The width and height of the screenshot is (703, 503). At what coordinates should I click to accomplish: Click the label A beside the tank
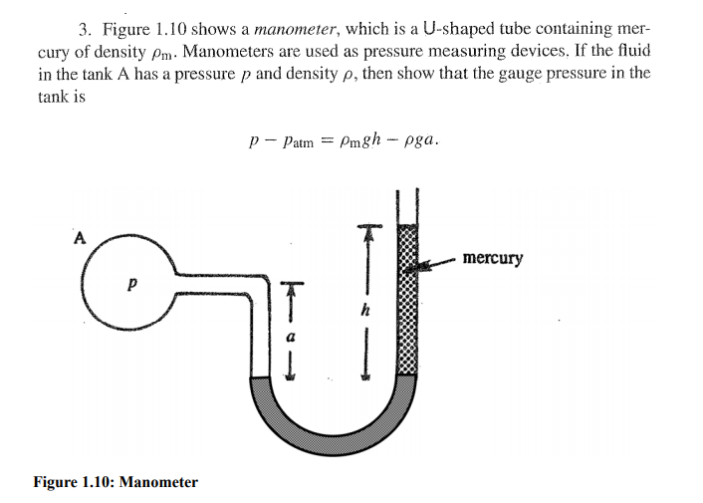click(x=81, y=237)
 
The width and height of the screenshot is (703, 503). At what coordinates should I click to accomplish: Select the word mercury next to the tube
click(x=492, y=258)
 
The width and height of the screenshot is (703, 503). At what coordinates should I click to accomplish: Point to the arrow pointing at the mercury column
click(x=436, y=263)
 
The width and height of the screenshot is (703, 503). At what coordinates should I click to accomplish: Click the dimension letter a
click(x=291, y=338)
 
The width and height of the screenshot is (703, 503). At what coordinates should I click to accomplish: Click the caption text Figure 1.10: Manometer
click(x=116, y=482)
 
